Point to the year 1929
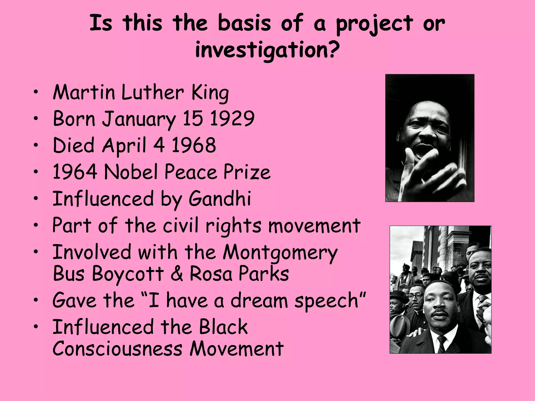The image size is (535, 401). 232,119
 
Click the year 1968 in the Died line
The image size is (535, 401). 194,145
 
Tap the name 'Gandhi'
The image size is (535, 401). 220,198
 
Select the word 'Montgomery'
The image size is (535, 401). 280,253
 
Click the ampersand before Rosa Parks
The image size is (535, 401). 177,274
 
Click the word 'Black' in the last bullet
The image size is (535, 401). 223,327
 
